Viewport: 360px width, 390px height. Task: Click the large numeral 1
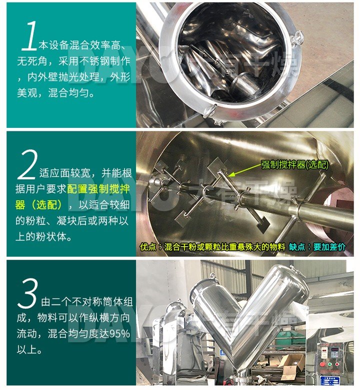pyautogui.click(x=29, y=36)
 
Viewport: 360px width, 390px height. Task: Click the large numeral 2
pyautogui.click(x=27, y=164)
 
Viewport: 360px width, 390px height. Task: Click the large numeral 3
pyautogui.click(x=27, y=293)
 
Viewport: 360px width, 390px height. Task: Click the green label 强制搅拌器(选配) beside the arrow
pyautogui.click(x=295, y=164)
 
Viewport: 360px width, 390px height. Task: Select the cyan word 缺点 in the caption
pyautogui.click(x=297, y=247)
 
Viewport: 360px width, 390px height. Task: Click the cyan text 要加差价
pyautogui.click(x=329, y=247)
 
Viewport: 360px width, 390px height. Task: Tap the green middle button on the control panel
pyautogui.click(x=330, y=365)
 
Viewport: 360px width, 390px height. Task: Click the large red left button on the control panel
pyautogui.click(x=322, y=365)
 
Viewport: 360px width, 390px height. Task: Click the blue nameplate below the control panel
pyautogui.click(x=329, y=381)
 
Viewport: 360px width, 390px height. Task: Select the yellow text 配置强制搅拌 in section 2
pyautogui.click(x=98, y=189)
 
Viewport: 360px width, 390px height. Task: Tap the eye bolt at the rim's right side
pyautogui.click(x=297, y=38)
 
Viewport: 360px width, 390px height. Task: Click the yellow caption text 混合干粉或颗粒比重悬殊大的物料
pyautogui.click(x=225, y=247)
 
